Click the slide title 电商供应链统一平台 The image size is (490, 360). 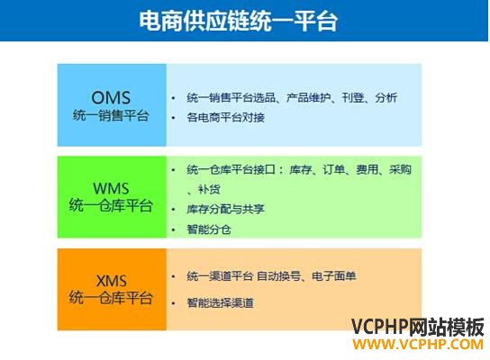tap(239, 21)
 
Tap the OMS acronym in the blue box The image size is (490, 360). tap(111, 98)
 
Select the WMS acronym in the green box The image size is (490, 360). tap(111, 189)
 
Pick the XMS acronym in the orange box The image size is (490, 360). tap(112, 281)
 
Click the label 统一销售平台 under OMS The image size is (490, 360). tap(111, 116)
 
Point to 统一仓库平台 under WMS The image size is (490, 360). tap(111, 205)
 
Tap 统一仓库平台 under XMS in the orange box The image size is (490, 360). tap(111, 297)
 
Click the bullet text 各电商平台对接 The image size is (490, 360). tap(225, 118)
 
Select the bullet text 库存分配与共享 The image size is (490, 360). tap(225, 209)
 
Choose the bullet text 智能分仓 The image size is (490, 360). tap(209, 229)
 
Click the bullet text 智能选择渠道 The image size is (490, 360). tap(220, 303)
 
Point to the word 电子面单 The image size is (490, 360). tap(334, 276)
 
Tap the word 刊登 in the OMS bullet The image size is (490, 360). tap(353, 98)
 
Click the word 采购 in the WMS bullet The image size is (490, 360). tap(400, 169)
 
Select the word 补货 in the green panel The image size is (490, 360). tap(209, 189)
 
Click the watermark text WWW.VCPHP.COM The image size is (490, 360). tap(418, 345)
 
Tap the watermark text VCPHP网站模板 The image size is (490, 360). tap(418, 327)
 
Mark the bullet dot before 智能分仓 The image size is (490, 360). tap(174, 230)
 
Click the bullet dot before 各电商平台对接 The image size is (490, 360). tap(174, 118)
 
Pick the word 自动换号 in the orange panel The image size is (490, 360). tap(278, 276)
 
